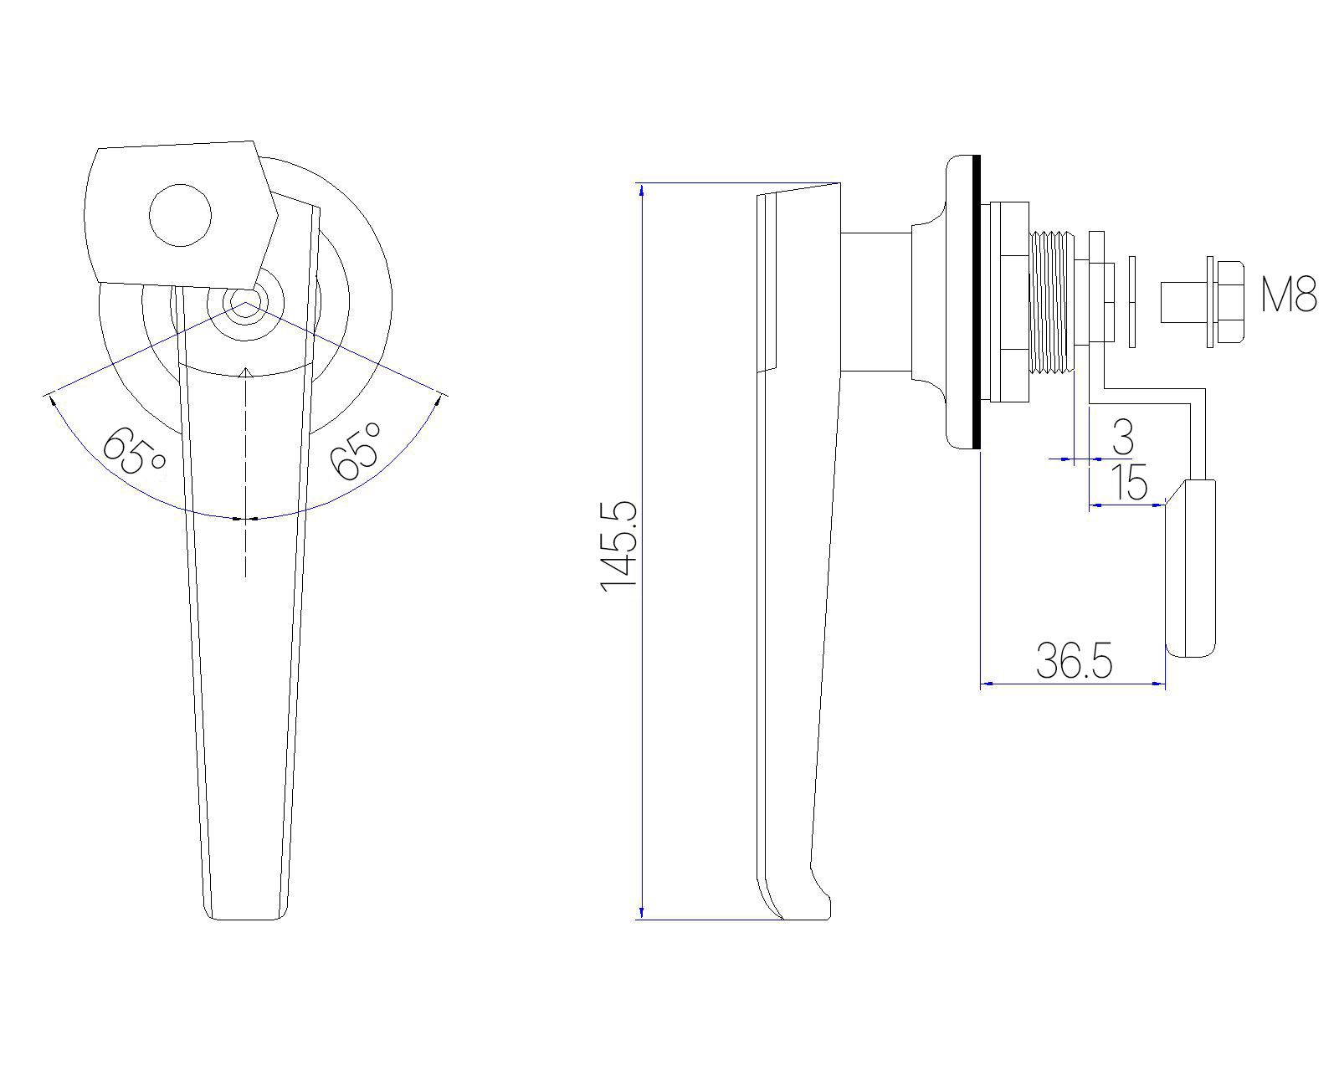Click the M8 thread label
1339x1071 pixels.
(1289, 295)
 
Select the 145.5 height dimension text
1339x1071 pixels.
(619, 546)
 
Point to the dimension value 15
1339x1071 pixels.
(1129, 482)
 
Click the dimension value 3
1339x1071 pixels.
(1123, 437)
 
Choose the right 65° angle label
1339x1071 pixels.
(356, 451)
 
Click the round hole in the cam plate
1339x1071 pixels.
(180, 215)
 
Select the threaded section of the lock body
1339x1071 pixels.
(1052, 302)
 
